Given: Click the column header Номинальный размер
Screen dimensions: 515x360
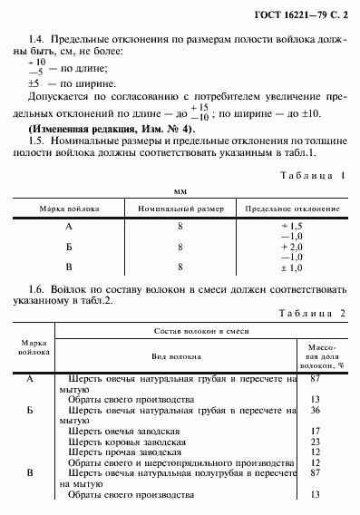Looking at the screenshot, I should [180, 209].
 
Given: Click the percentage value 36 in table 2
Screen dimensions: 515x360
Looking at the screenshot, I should [316, 410].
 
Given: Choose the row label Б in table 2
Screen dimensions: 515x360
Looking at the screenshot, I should [29, 410].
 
